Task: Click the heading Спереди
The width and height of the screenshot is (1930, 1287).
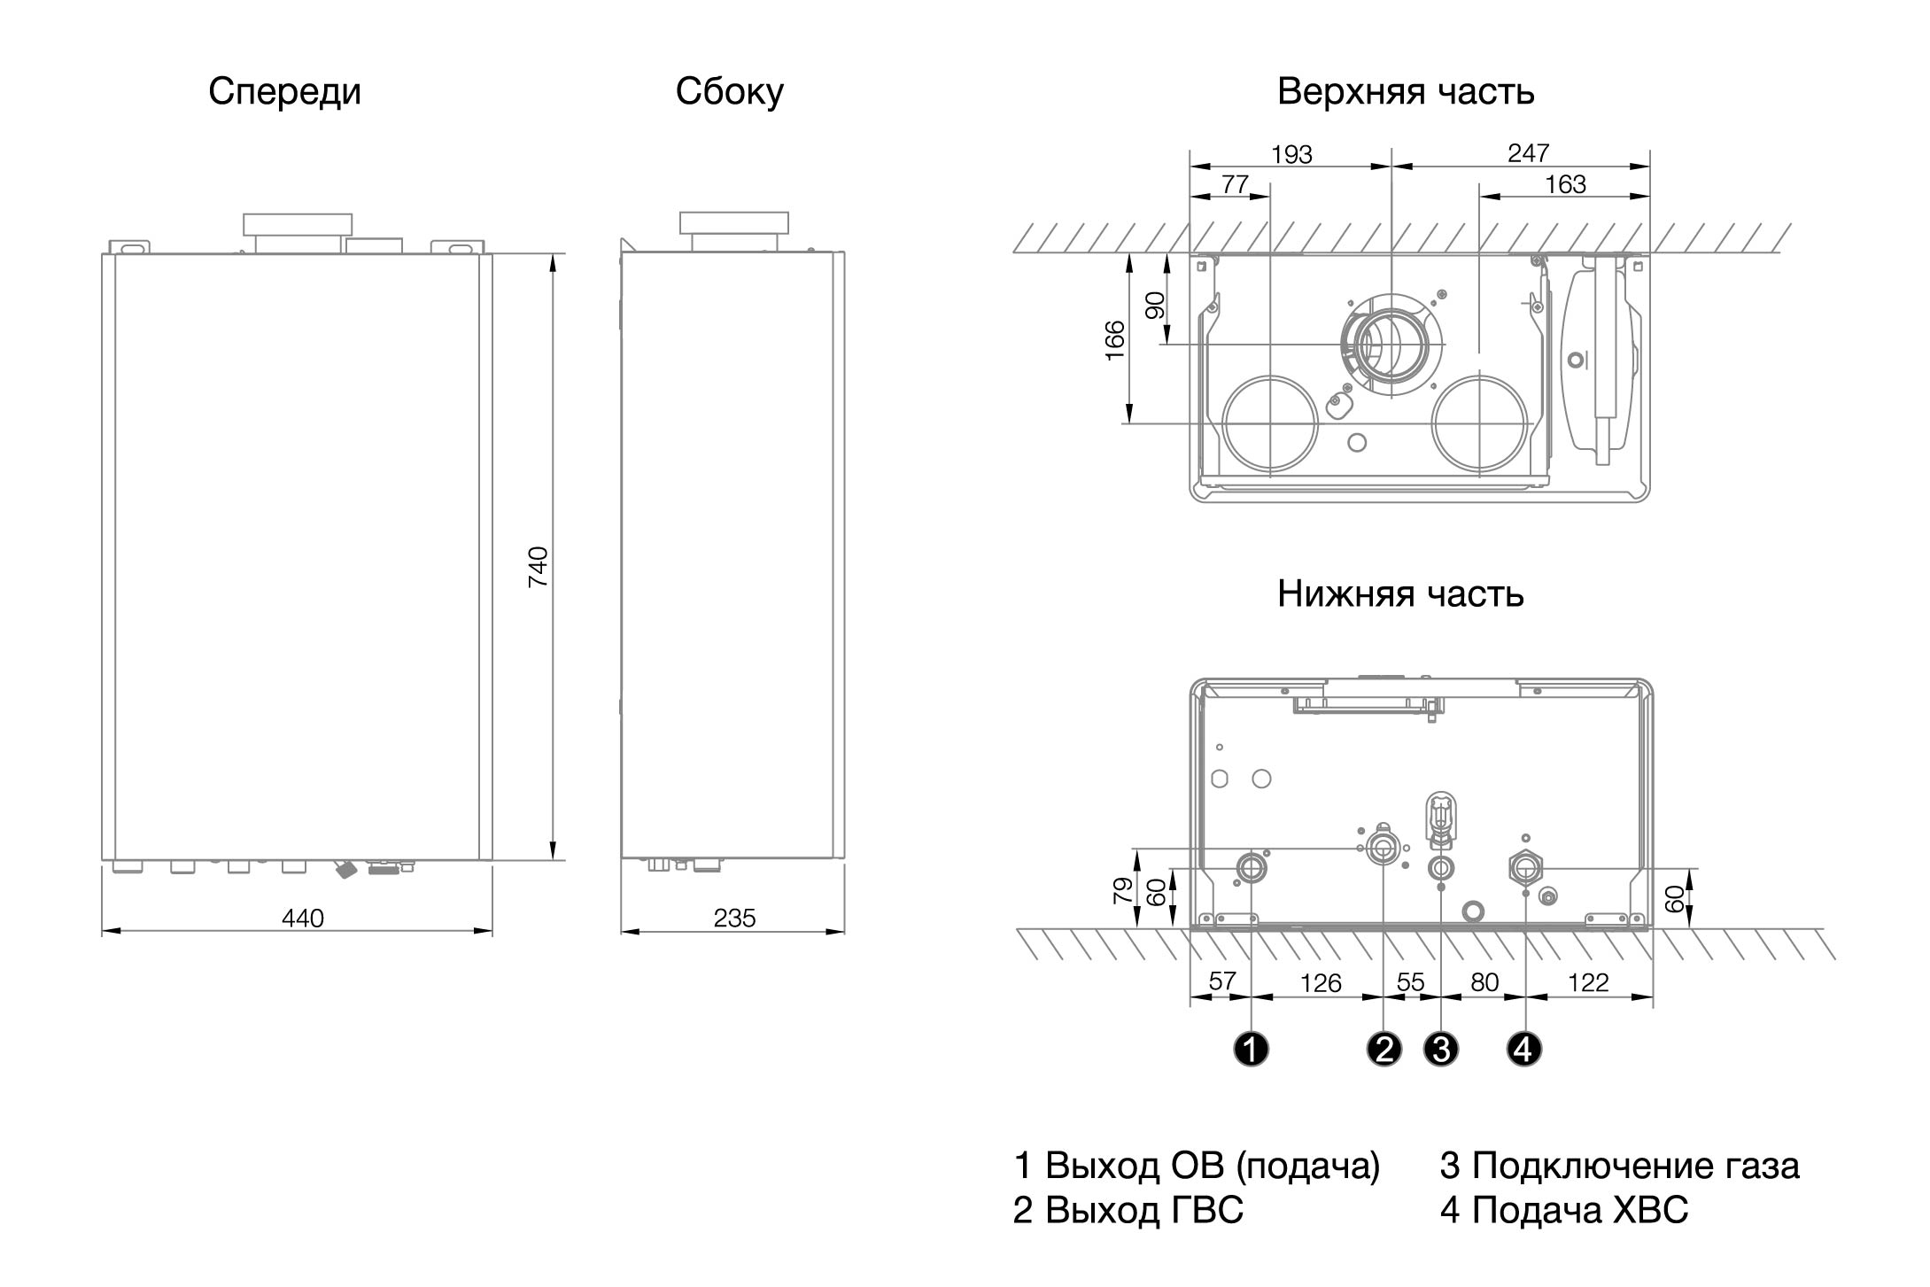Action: coord(284,92)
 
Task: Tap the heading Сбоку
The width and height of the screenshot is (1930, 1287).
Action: coord(729,92)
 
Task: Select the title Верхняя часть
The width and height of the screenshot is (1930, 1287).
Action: coord(1406,92)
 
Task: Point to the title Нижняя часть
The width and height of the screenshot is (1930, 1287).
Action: coord(1400,593)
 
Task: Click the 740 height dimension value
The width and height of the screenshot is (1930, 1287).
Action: coord(538,567)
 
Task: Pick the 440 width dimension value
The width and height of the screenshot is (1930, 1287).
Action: coord(303,919)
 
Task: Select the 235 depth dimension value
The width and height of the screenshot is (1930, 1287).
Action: coord(734,919)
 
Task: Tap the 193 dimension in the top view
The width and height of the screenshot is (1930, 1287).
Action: coord(1291,155)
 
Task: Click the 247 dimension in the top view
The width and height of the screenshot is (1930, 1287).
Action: coord(1528,153)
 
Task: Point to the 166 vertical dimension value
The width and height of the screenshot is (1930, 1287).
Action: coord(1115,340)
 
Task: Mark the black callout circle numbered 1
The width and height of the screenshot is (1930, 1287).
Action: coord(1251,1050)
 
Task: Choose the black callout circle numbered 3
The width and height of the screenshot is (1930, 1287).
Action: coord(1441,1050)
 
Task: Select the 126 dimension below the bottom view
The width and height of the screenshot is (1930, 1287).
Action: coord(1321,983)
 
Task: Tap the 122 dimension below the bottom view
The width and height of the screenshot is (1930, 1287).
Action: coord(1588,983)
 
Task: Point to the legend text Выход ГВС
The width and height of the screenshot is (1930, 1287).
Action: coord(1144,1210)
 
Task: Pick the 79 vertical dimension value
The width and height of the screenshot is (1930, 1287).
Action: coord(1122,890)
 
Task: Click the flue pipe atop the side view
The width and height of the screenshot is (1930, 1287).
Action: coord(733,231)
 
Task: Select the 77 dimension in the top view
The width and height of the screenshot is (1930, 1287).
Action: coord(1235,184)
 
